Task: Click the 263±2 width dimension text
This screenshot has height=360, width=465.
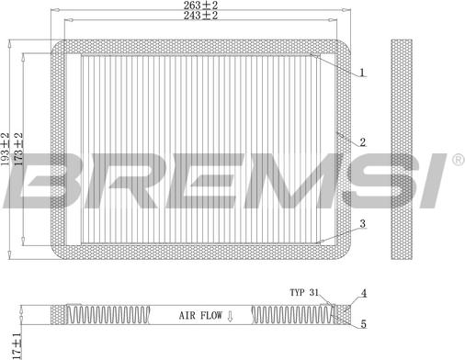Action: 200,5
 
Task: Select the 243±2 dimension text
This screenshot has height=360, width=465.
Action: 200,15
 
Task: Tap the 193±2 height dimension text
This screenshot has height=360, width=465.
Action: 6,150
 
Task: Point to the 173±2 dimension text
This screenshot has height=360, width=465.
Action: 18,150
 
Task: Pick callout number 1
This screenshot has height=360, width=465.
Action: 362,73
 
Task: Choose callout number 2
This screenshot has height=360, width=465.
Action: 363,142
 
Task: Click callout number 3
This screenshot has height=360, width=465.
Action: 363,223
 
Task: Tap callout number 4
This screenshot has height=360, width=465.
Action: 363,293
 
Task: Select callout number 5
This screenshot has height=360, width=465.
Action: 363,324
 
